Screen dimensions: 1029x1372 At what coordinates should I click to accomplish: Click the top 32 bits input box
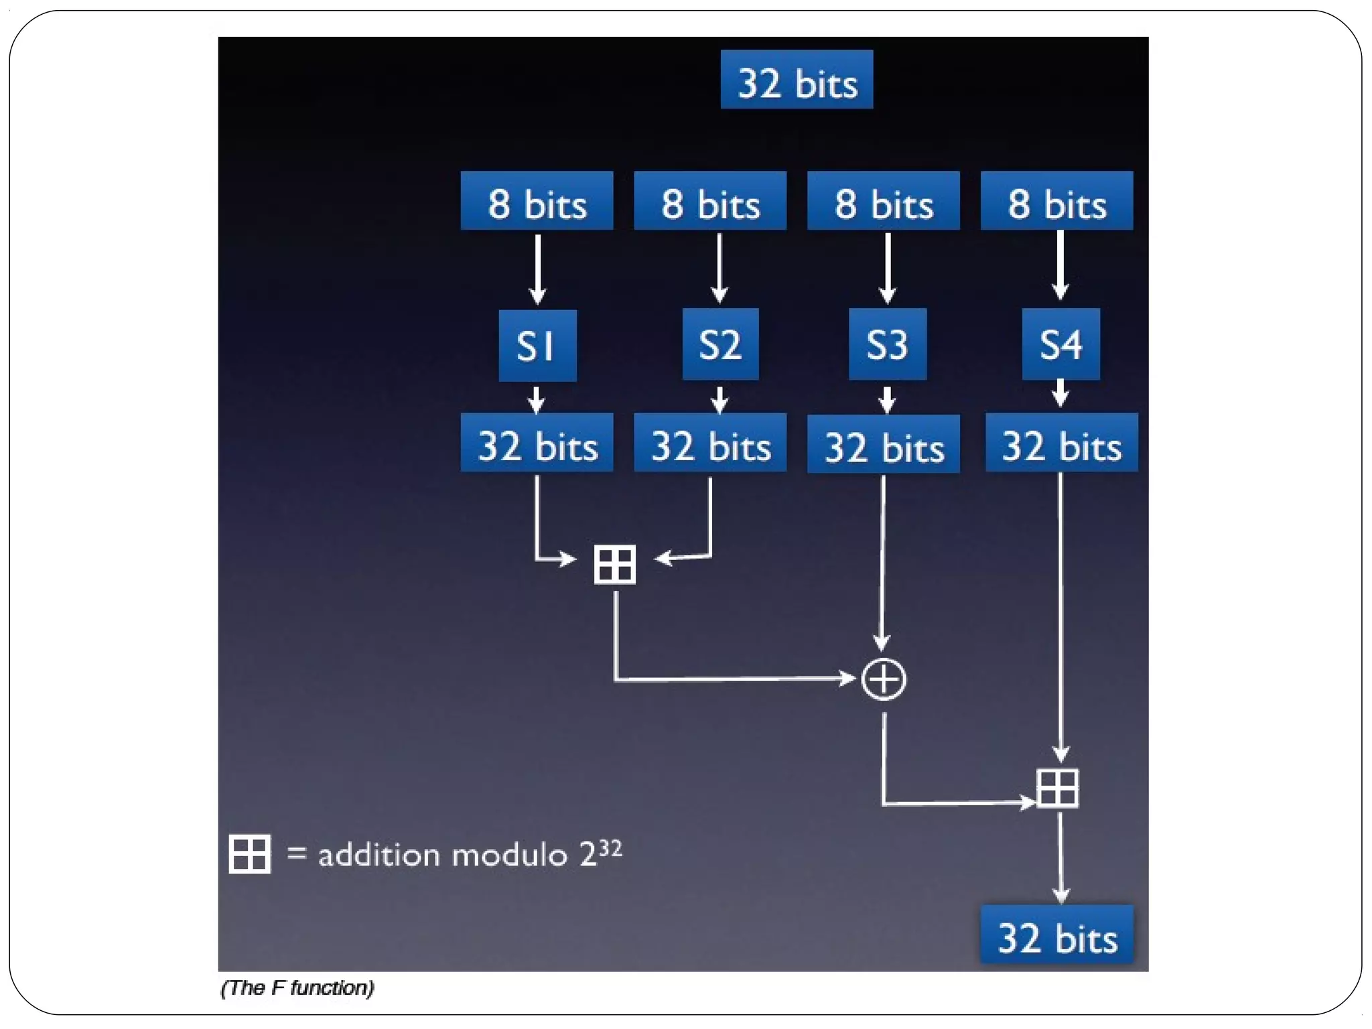coord(797,80)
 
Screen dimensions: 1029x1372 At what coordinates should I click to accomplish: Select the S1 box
coord(537,346)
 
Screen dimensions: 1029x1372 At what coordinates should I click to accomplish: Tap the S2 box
coord(720,344)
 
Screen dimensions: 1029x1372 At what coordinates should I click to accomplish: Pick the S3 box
coord(887,344)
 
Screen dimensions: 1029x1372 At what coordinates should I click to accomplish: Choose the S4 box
coord(1060,344)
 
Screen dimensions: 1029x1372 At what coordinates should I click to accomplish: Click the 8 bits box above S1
coord(537,201)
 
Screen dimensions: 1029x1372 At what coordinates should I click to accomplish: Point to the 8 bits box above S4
coord(1056,201)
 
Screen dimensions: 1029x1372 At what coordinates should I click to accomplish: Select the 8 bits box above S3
coord(883,201)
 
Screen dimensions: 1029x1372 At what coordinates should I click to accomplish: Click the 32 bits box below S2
coord(710,443)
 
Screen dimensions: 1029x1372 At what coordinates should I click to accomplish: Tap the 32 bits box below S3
coord(883,444)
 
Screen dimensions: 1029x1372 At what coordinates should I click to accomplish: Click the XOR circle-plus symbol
coord(884,679)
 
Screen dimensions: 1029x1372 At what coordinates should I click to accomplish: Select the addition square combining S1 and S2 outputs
coord(614,564)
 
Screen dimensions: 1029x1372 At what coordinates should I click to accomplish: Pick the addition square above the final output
coord(1057,788)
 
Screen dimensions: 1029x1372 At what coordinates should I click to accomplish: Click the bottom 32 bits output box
coord(1056,935)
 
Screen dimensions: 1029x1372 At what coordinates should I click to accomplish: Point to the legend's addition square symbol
coord(249,853)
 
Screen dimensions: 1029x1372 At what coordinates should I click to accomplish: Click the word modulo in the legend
coord(509,855)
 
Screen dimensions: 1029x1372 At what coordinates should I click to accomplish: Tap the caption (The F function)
coord(297,987)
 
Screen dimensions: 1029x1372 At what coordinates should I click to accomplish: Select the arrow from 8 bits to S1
coord(537,268)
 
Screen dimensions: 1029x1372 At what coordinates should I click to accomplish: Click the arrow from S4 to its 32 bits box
coord(1060,394)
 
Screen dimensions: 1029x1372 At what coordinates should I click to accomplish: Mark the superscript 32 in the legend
coord(610,848)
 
